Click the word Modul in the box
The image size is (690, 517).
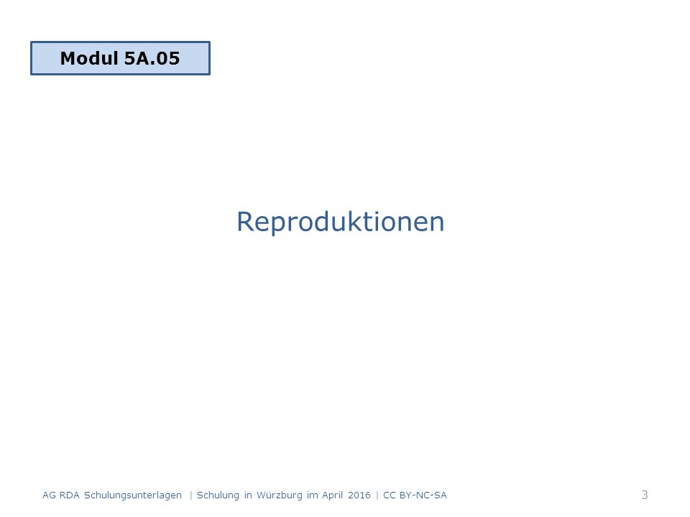coord(89,58)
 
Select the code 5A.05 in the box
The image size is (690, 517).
coord(152,58)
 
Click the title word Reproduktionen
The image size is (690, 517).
coord(340,222)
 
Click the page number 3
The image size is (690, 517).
coord(645,495)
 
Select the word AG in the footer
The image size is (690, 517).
coord(49,495)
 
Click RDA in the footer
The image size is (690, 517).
coord(69,495)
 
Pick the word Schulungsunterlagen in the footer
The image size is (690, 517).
coord(133,495)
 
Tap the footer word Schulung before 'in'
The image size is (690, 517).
coord(218,495)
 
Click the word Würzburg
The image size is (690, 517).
coord(280,495)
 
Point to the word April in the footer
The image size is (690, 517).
coord(332,495)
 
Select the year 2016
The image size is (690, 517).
coord(359,495)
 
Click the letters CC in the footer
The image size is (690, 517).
coord(390,495)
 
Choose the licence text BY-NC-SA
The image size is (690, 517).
coord(423,495)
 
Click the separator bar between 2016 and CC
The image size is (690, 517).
coord(377,495)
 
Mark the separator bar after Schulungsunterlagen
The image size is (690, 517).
coord(191,495)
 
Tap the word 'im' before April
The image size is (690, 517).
coord(313,495)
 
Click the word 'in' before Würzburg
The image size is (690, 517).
coord(248,495)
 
